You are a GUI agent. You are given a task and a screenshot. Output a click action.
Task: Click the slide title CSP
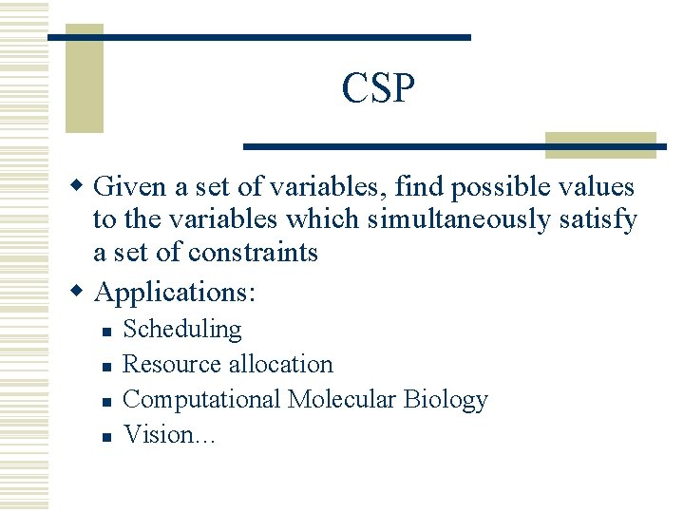pyautogui.click(x=378, y=89)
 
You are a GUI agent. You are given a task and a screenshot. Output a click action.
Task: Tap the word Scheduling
pyautogui.click(x=182, y=330)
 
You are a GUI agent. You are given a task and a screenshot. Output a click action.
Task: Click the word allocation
pyautogui.click(x=280, y=365)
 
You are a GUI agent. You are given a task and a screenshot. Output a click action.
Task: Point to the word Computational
pyautogui.click(x=201, y=400)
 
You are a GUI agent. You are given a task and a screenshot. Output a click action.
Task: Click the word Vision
pyautogui.click(x=157, y=435)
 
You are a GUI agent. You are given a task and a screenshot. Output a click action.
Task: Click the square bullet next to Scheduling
pyautogui.click(x=107, y=332)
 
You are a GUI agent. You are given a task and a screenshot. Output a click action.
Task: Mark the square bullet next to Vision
pyautogui.click(x=107, y=437)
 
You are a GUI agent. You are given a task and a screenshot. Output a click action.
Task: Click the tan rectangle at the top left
pyautogui.click(x=84, y=81)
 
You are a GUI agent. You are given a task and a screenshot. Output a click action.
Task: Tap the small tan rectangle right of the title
pyautogui.click(x=600, y=145)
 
